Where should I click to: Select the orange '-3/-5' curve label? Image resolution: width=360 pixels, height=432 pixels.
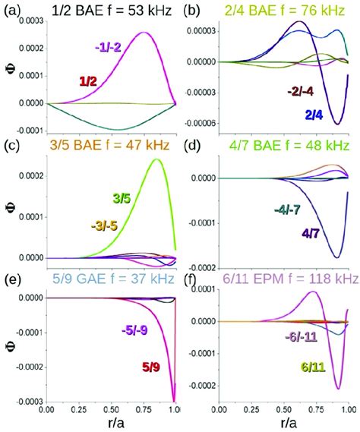coord(106,225)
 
